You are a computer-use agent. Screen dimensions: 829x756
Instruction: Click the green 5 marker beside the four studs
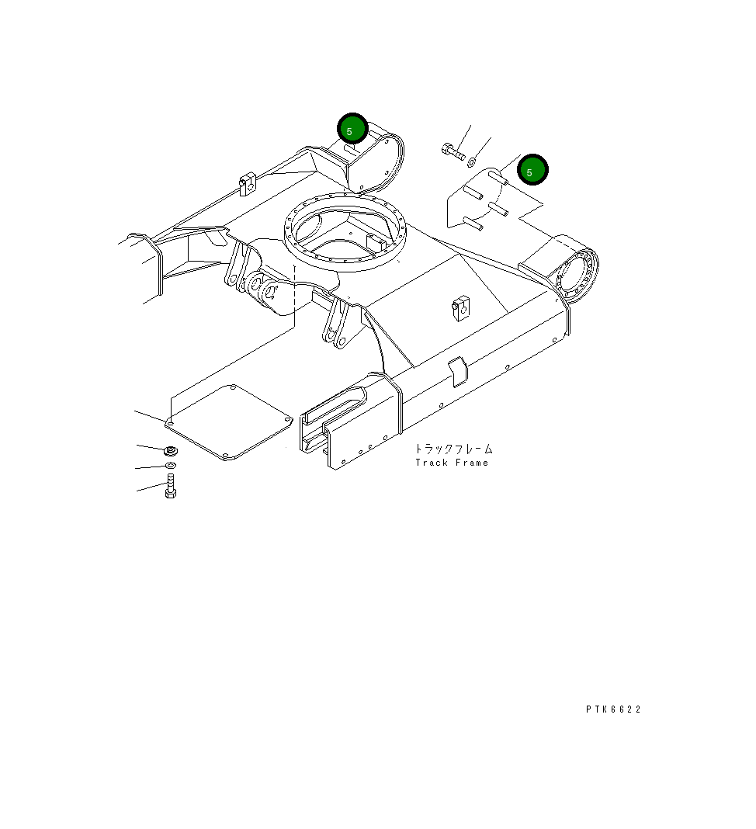532,171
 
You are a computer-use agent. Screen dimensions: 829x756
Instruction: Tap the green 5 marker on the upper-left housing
352,130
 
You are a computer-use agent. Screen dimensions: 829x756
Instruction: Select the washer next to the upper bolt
473,161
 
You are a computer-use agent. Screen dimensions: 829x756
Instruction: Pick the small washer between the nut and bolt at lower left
171,466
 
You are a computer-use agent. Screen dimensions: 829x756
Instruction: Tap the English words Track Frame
452,463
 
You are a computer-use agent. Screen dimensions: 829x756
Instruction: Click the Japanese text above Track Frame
453,449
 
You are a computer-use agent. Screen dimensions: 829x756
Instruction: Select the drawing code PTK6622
613,709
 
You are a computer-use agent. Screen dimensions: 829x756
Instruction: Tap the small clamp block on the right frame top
459,307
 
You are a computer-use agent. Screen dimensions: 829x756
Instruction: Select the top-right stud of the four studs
499,179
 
